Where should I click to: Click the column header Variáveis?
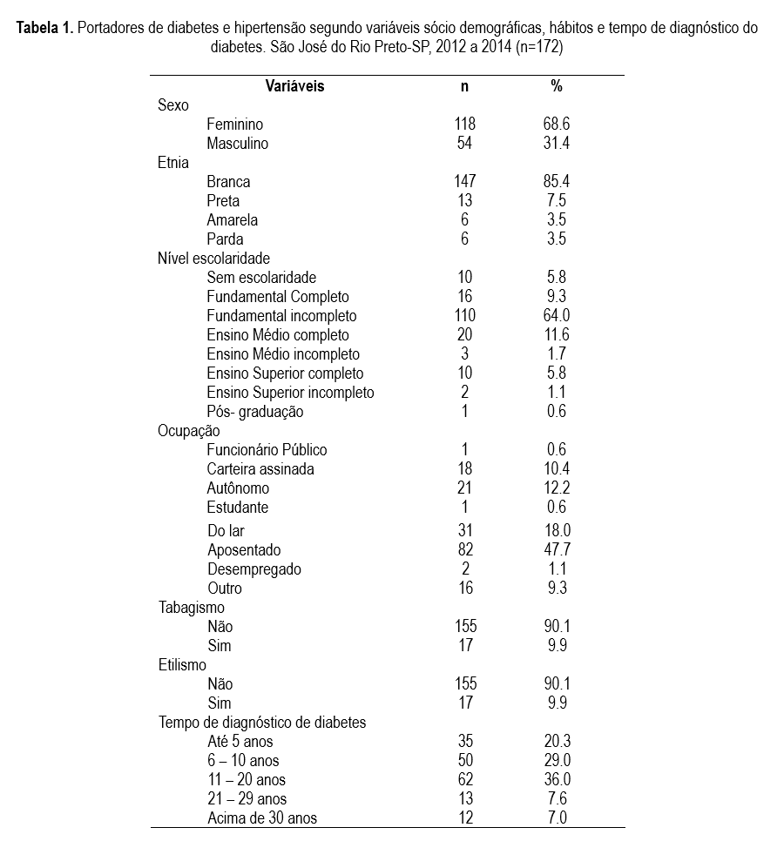point(294,86)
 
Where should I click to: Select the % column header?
point(556,86)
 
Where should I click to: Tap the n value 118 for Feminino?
point(465,124)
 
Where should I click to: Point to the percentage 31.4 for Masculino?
point(556,144)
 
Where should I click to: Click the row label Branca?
point(228,182)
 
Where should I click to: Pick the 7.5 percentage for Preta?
point(556,201)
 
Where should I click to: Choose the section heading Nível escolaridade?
point(213,259)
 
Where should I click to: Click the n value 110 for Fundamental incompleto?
point(465,316)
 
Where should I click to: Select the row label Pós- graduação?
point(255,412)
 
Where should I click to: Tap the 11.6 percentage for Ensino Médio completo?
point(556,335)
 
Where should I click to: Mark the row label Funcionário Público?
point(267,450)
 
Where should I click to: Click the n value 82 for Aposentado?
point(465,550)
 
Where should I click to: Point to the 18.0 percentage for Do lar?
point(556,531)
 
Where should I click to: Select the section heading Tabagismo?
point(191,608)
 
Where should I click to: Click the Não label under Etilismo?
point(220,684)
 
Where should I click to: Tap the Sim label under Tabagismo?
point(220,646)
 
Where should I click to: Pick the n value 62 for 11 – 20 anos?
point(465,780)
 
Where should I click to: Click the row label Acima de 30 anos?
point(262,818)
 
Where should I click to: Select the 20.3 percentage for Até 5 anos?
point(556,742)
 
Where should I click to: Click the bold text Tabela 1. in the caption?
point(44,28)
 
